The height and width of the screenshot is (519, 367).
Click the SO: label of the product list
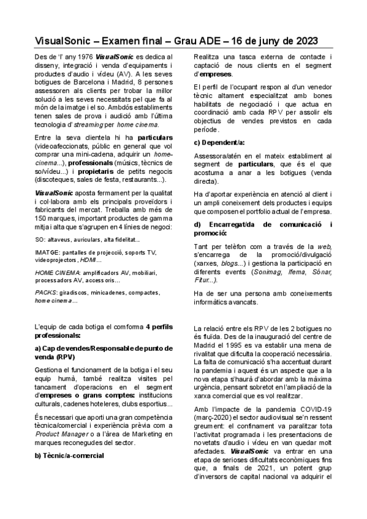coord(40,239)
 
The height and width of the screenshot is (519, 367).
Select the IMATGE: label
coord(49,253)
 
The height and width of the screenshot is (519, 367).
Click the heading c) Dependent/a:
coord(219,142)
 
